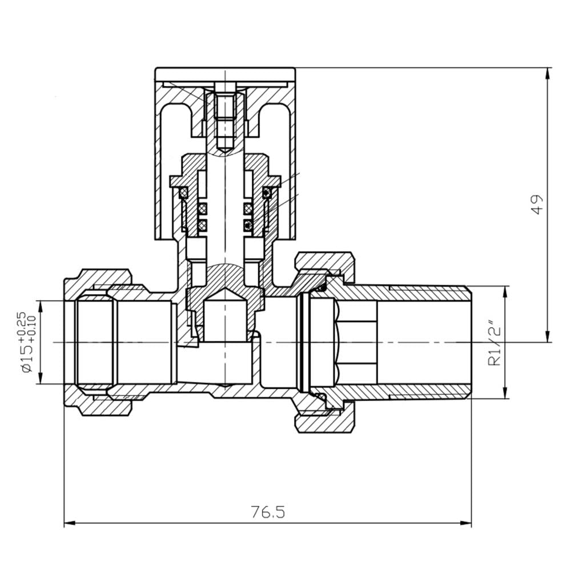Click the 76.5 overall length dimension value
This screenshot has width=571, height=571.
coord(268,512)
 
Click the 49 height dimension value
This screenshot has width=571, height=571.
coord(537,204)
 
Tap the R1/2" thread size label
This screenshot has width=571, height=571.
coord(496,342)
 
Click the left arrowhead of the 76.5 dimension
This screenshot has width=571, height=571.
coord(70,524)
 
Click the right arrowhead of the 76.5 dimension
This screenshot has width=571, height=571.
coord(466,524)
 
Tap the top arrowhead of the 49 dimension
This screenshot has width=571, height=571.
coord(547,74)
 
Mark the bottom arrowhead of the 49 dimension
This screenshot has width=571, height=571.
coord(547,336)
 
